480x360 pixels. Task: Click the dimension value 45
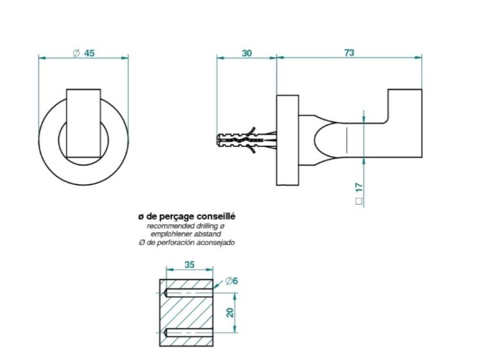[x=90, y=53]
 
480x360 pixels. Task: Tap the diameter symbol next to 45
[x=76, y=53]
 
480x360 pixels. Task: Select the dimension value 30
[x=247, y=53]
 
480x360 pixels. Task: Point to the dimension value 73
[x=349, y=53]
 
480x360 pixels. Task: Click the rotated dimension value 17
[x=359, y=187]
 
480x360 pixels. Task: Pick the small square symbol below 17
[x=359, y=201]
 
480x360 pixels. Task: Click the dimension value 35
[x=189, y=265]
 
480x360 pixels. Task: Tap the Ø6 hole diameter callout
[x=232, y=281]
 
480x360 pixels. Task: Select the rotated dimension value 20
[x=230, y=312]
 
